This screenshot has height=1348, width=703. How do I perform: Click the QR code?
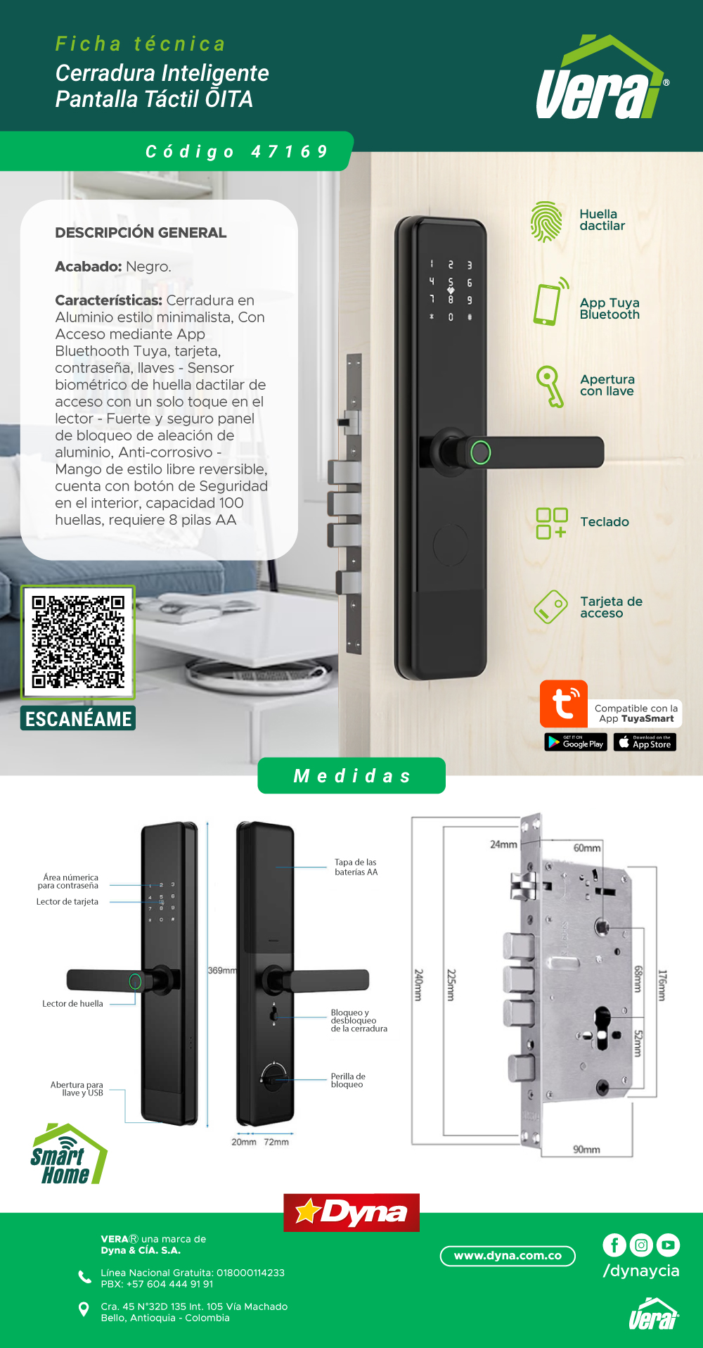point(78,642)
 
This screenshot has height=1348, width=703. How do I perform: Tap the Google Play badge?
point(576,742)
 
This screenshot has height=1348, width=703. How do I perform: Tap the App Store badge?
point(645,742)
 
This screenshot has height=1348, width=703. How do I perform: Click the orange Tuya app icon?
point(564,704)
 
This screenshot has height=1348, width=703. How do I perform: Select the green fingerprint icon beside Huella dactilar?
point(546,222)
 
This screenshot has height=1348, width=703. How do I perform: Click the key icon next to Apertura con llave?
point(550,386)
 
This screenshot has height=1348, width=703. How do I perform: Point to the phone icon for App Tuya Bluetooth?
point(550,302)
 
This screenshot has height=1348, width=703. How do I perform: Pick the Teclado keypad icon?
point(552,523)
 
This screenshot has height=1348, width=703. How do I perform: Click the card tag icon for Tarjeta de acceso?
point(550,606)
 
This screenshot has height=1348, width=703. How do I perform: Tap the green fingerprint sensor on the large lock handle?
point(481,452)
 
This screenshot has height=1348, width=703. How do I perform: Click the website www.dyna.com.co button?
point(508,1256)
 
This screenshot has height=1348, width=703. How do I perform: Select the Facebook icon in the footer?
point(614,1245)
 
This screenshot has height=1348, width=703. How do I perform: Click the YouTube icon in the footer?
point(668,1245)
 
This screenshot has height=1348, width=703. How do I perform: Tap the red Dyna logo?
point(351,1212)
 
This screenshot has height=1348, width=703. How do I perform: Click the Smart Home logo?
point(68,1155)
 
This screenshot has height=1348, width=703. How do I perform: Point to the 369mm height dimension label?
point(222,970)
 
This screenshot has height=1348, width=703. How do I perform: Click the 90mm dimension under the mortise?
point(586,1150)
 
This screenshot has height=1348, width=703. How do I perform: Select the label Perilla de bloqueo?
point(348,1081)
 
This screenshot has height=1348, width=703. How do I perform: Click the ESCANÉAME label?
point(78,718)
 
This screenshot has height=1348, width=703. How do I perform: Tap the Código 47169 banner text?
point(237,151)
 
